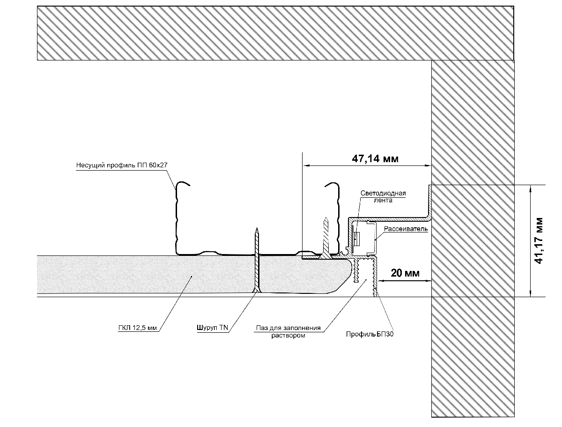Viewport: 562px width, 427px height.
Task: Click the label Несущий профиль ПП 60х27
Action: coord(121,165)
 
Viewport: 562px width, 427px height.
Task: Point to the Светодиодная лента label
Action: coord(383,196)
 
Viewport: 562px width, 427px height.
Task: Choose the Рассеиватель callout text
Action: coord(406,229)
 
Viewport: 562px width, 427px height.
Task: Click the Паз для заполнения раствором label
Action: coord(288,331)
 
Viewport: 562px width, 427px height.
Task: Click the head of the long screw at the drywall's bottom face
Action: coord(256,292)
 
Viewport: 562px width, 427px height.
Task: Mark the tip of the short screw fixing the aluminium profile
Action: coord(327,217)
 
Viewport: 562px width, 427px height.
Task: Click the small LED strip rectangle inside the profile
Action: coord(356,238)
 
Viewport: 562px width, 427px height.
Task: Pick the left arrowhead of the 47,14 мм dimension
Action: coord(305,165)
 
